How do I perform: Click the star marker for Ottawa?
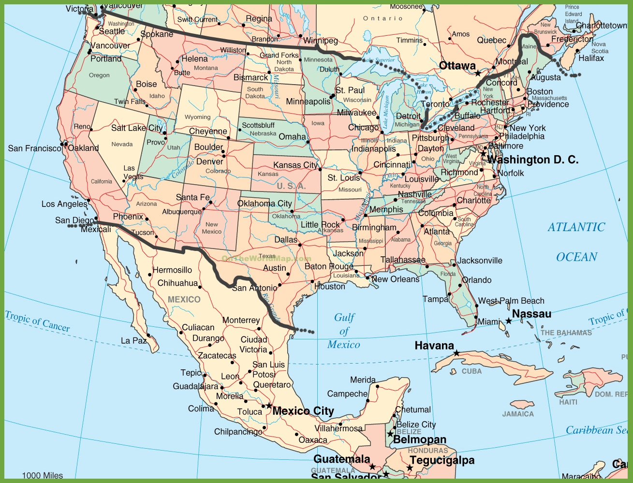pyautogui.click(x=478, y=73)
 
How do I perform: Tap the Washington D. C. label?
pyautogui.click(x=532, y=160)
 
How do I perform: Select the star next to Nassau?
pyautogui.click(x=509, y=321)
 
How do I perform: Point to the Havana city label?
pyautogui.click(x=434, y=346)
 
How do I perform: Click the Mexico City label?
pyautogui.click(x=303, y=411)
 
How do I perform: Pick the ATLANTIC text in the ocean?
pyautogui.click(x=576, y=227)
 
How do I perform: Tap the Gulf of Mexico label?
pyautogui.click(x=344, y=331)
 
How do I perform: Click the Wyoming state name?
pyautogui.click(x=197, y=117)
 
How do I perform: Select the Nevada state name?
pyautogui.click(x=122, y=144)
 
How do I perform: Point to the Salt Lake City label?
pyautogui.click(x=137, y=128)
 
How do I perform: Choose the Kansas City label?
pyautogui.click(x=295, y=165)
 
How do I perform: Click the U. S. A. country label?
pyautogui.click(x=291, y=186)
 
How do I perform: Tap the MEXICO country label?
pyautogui.click(x=184, y=300)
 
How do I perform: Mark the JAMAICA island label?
pyautogui.click(x=518, y=414)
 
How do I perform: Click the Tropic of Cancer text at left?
pyautogui.click(x=37, y=322)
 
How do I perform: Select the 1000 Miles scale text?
pyautogui.click(x=43, y=475)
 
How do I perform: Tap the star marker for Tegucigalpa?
pyautogui.click(x=410, y=468)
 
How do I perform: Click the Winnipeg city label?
pyautogui.click(x=321, y=41)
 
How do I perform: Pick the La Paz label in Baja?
pyautogui.click(x=133, y=341)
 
